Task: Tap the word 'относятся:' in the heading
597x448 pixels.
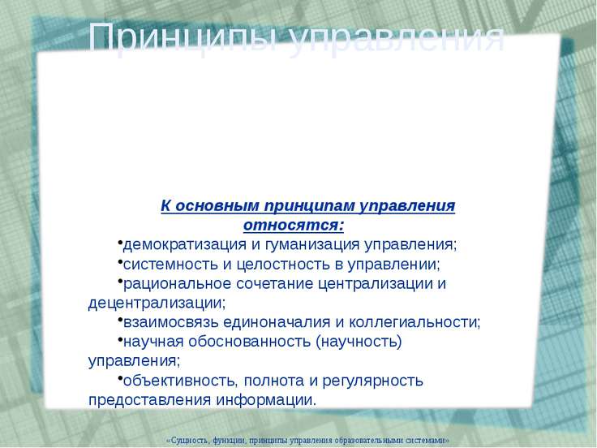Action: coord(294,223)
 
